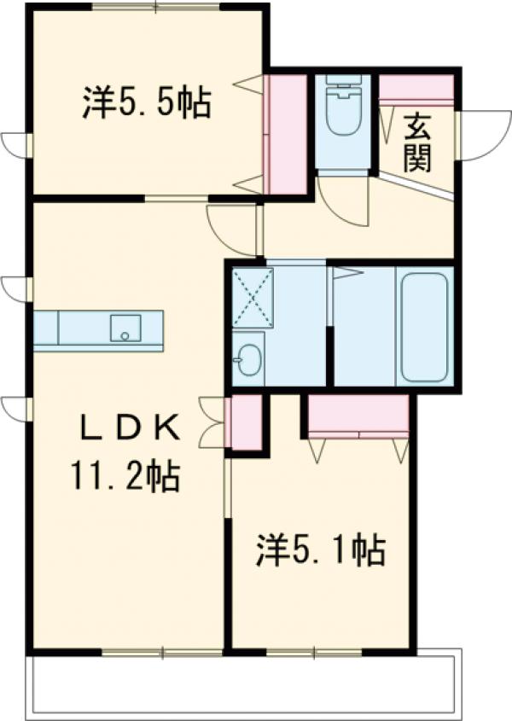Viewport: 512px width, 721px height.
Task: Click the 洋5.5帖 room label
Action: click(147, 103)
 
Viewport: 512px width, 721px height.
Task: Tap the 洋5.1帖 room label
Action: click(320, 550)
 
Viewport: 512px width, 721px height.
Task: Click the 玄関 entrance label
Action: click(416, 141)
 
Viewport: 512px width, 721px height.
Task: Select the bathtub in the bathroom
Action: click(423, 327)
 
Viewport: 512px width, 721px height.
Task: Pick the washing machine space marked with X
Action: click(253, 297)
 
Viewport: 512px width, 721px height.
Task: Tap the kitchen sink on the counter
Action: click(125, 327)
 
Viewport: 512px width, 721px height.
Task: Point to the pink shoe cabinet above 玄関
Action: click(416, 89)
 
